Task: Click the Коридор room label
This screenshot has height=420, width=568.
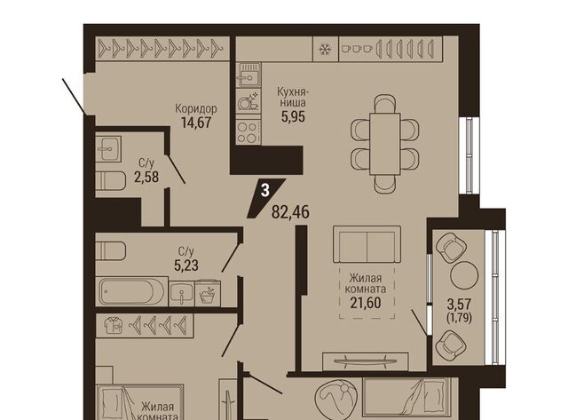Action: pyautogui.click(x=196, y=108)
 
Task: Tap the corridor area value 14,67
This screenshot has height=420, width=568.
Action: pyautogui.click(x=196, y=123)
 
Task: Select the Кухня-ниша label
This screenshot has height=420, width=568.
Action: pyautogui.click(x=291, y=97)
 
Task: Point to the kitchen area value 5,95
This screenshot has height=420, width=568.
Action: pyautogui.click(x=294, y=116)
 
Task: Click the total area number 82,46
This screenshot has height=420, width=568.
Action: pyautogui.click(x=290, y=212)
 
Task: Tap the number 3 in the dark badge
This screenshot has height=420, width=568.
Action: pyautogui.click(x=265, y=190)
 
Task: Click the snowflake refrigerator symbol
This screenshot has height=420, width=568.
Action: pyautogui.click(x=326, y=49)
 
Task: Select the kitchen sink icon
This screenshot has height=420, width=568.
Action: pyautogui.click(x=248, y=75)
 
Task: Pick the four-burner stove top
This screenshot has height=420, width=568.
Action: pyautogui.click(x=248, y=132)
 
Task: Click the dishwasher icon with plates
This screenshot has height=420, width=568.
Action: pyautogui.click(x=248, y=100)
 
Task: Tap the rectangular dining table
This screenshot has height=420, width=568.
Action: pyautogui.click(x=384, y=144)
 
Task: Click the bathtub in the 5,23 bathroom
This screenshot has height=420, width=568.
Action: pyautogui.click(x=131, y=291)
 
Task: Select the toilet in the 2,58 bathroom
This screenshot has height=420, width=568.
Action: pyautogui.click(x=110, y=180)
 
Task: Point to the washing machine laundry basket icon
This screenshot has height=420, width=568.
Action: pyautogui.click(x=208, y=293)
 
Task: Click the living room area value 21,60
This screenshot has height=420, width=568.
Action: pyautogui.click(x=366, y=302)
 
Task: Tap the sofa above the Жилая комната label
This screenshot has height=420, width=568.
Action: pyautogui.click(x=367, y=244)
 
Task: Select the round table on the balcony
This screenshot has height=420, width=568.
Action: pyautogui.click(x=464, y=275)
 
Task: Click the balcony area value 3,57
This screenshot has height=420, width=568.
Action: pyautogui.click(x=460, y=304)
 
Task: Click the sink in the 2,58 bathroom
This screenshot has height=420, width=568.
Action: pyautogui.click(x=108, y=148)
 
